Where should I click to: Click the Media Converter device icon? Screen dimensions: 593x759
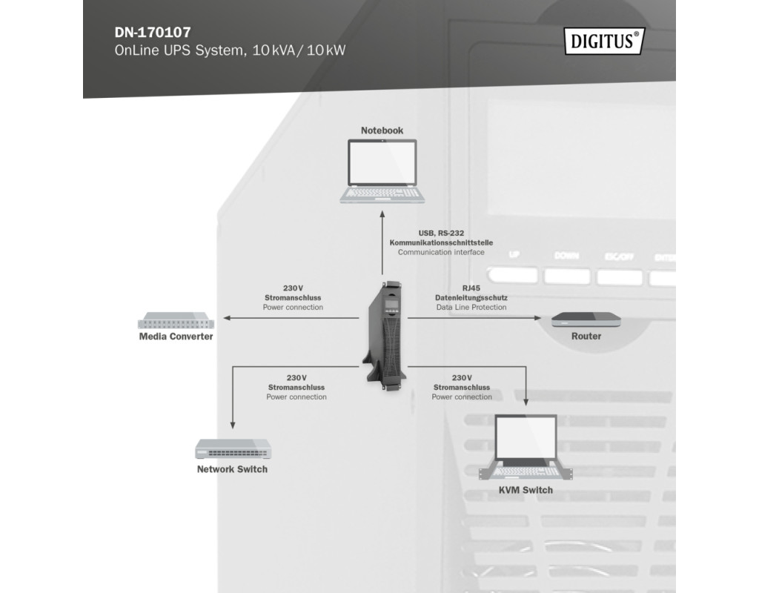click(176, 322)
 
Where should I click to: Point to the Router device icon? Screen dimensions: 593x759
click(586, 321)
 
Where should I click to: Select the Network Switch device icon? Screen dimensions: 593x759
click(233, 449)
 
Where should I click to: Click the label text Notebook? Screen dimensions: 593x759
click(382, 130)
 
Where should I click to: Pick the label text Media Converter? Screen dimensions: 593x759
click(176, 337)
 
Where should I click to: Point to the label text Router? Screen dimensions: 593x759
click(586, 337)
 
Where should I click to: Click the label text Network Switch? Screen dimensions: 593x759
click(232, 469)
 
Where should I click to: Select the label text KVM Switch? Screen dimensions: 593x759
click(526, 490)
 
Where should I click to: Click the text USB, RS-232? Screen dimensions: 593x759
click(441, 233)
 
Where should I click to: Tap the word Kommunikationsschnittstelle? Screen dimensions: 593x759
click(441, 242)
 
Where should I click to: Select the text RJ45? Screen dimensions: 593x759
click(471, 288)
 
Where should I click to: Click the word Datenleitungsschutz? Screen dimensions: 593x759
click(471, 297)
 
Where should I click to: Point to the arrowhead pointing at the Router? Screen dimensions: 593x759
click(539, 318)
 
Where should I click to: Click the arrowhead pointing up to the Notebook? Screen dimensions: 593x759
click(382, 213)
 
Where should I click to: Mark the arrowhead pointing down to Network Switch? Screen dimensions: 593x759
click(233, 425)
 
